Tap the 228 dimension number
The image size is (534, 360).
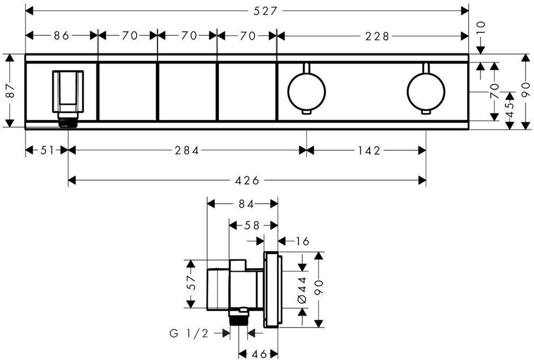click(377, 36)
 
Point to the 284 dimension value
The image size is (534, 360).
click(187, 150)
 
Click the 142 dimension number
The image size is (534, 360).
click(366, 150)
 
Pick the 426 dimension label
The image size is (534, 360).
click(246, 181)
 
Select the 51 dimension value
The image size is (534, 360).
click(47, 150)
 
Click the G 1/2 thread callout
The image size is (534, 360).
click(188, 334)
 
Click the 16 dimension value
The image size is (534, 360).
click(302, 241)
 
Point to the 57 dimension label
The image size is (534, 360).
click(192, 283)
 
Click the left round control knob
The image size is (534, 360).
click(305, 88)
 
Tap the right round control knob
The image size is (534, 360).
click(425, 88)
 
